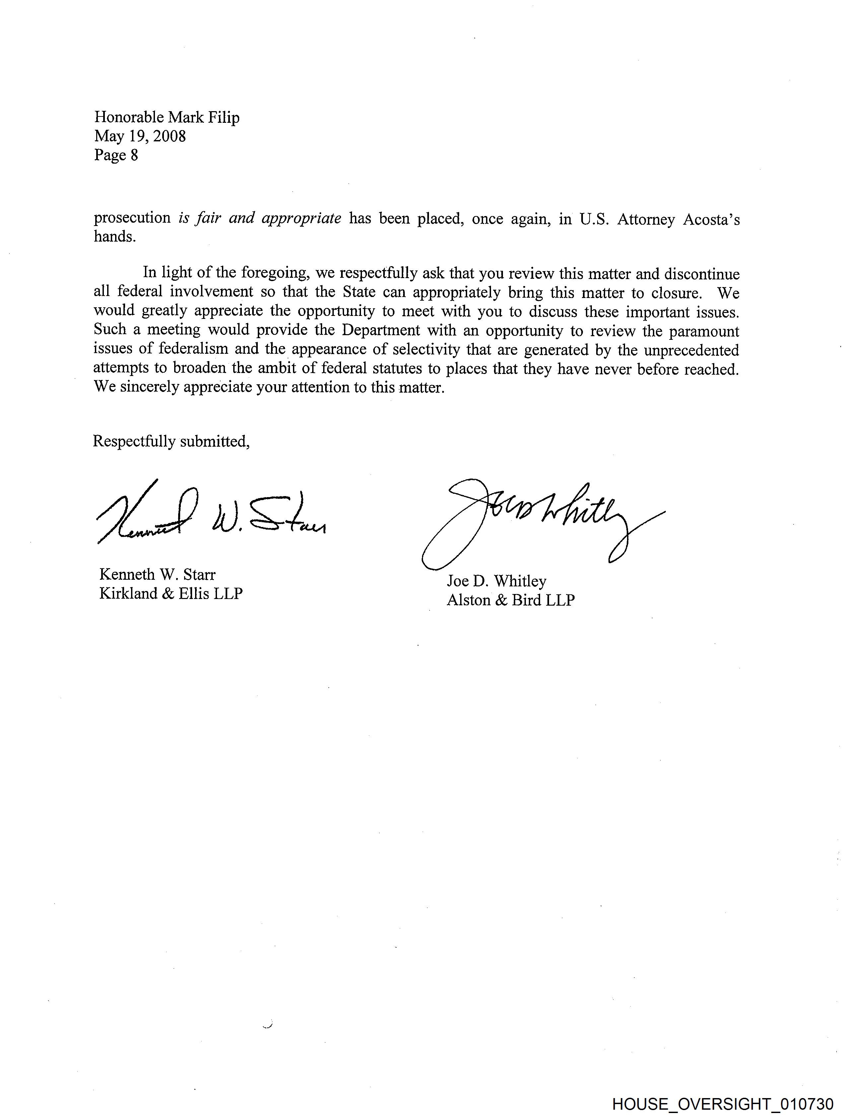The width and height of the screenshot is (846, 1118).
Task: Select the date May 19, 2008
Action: (140, 136)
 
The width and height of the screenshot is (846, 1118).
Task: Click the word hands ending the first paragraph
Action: (115, 237)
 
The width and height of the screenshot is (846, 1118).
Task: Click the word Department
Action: (381, 330)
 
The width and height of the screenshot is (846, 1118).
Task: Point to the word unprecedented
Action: (691, 350)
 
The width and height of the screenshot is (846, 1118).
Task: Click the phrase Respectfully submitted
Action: (171, 441)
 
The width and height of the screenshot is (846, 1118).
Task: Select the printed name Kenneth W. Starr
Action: (157, 575)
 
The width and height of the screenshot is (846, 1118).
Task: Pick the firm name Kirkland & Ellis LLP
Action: (171, 593)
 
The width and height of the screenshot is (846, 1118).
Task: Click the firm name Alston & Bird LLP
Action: (511, 600)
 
